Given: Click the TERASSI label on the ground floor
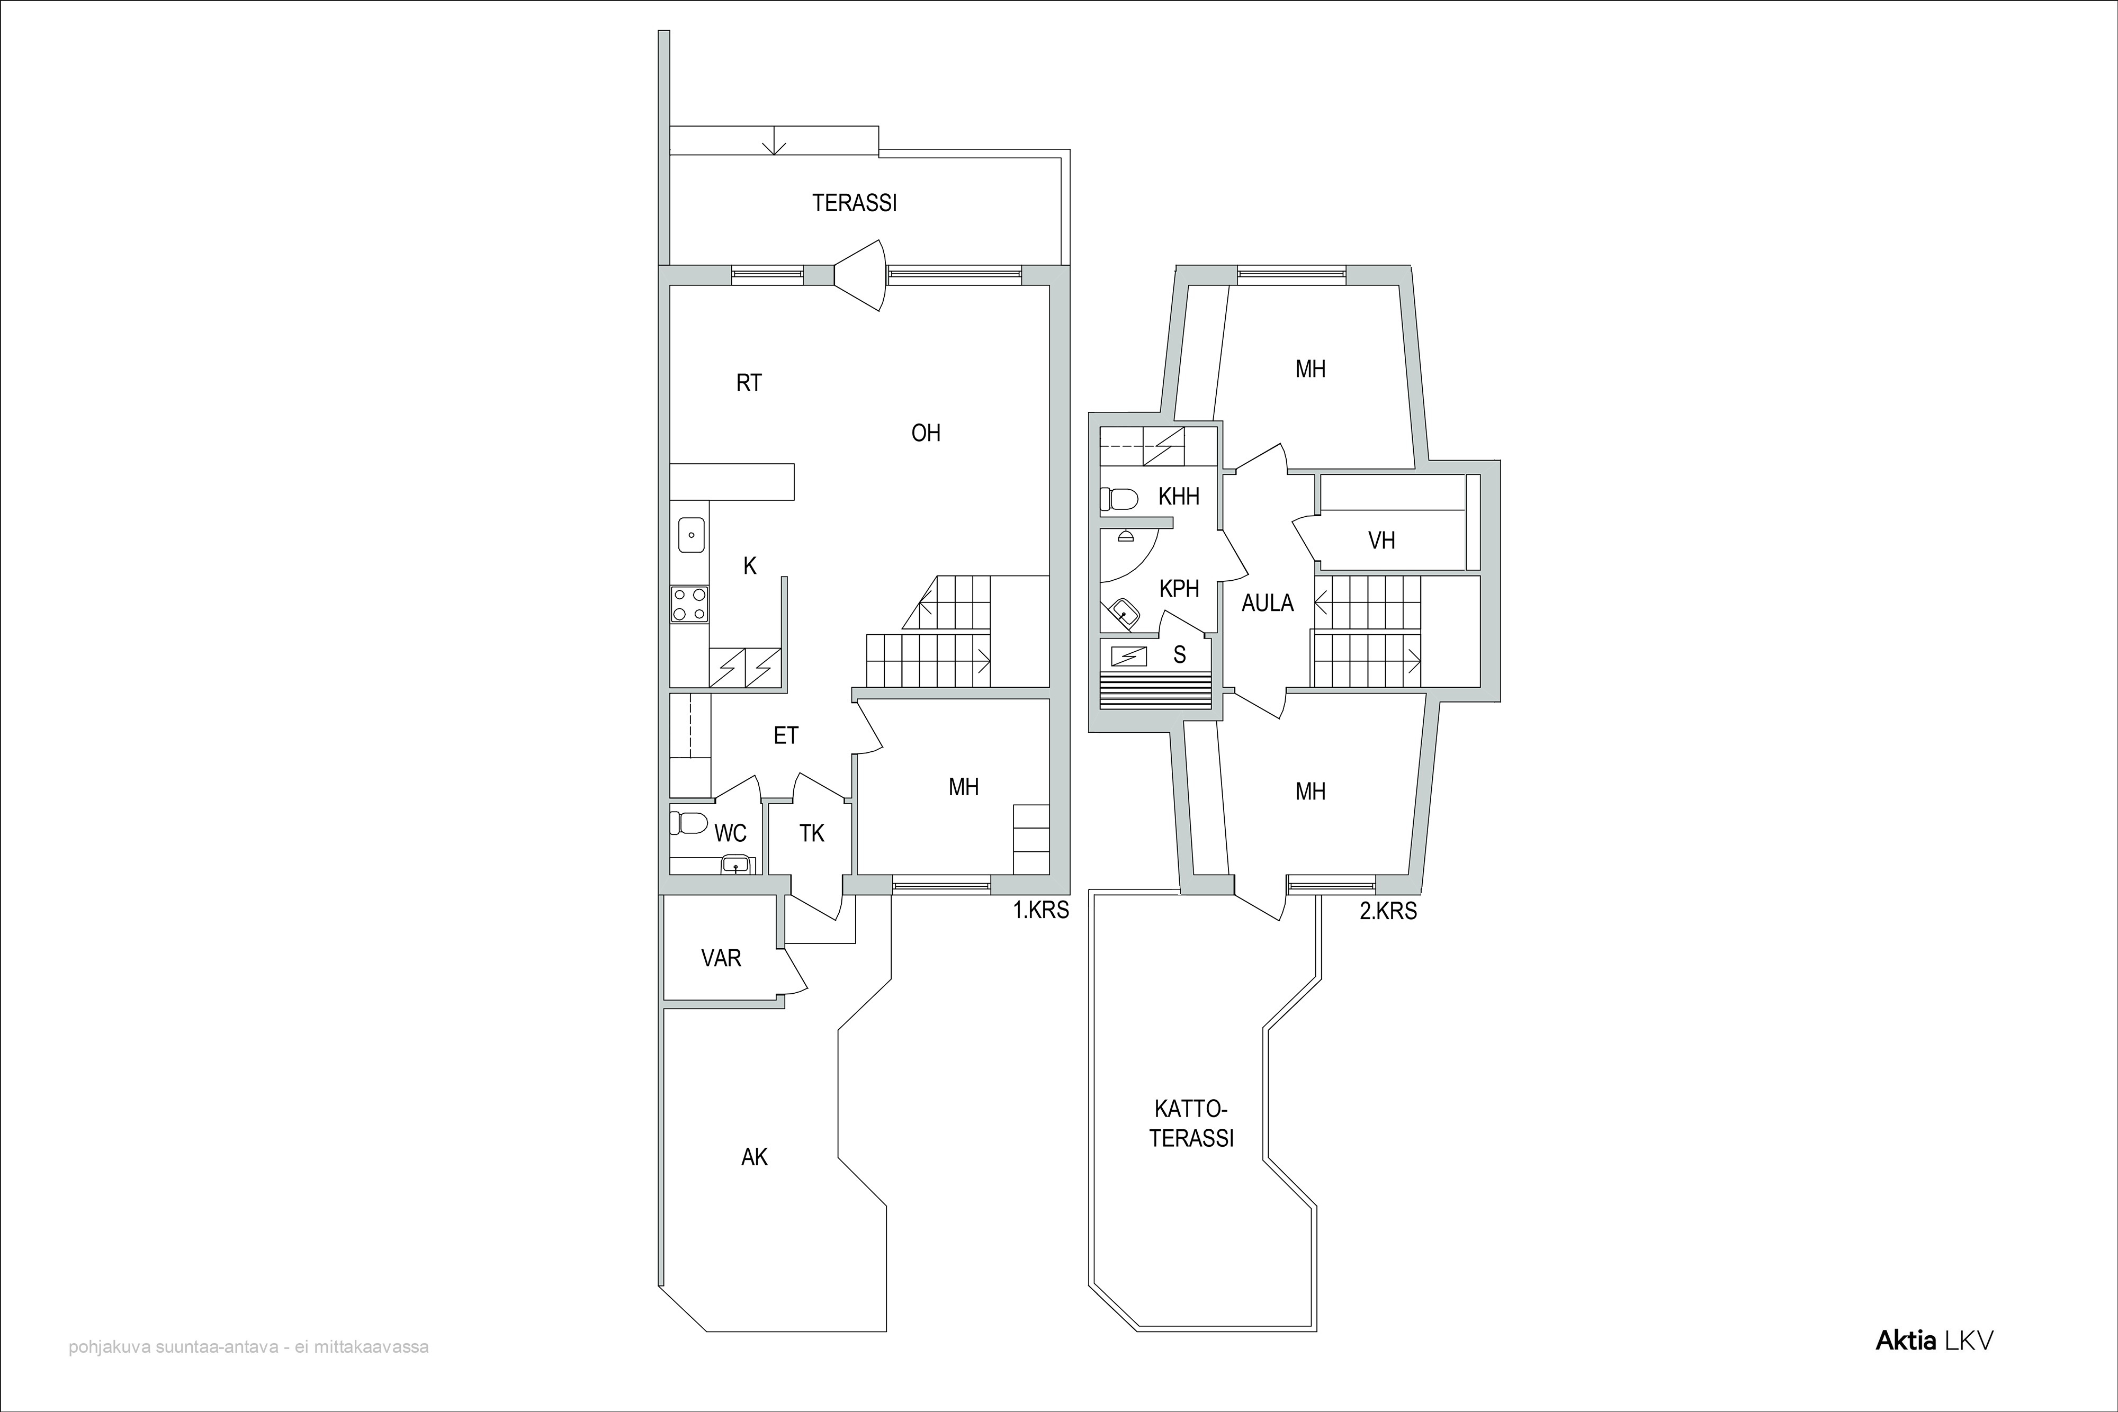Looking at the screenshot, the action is (855, 203).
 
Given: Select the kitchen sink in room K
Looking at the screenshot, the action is (690, 535).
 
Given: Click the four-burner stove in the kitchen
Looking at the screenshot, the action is (689, 604).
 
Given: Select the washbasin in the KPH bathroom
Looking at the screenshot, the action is (1123, 613).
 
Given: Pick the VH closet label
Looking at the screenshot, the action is (1381, 541).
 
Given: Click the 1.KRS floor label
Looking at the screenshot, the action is (1041, 911).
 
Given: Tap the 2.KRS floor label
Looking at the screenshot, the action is (1388, 911).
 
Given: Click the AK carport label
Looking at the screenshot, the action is (755, 1157).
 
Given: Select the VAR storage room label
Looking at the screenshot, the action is (721, 958).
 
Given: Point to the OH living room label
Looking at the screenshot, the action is (926, 433).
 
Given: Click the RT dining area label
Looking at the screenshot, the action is (749, 383).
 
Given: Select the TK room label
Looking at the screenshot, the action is (812, 834).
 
